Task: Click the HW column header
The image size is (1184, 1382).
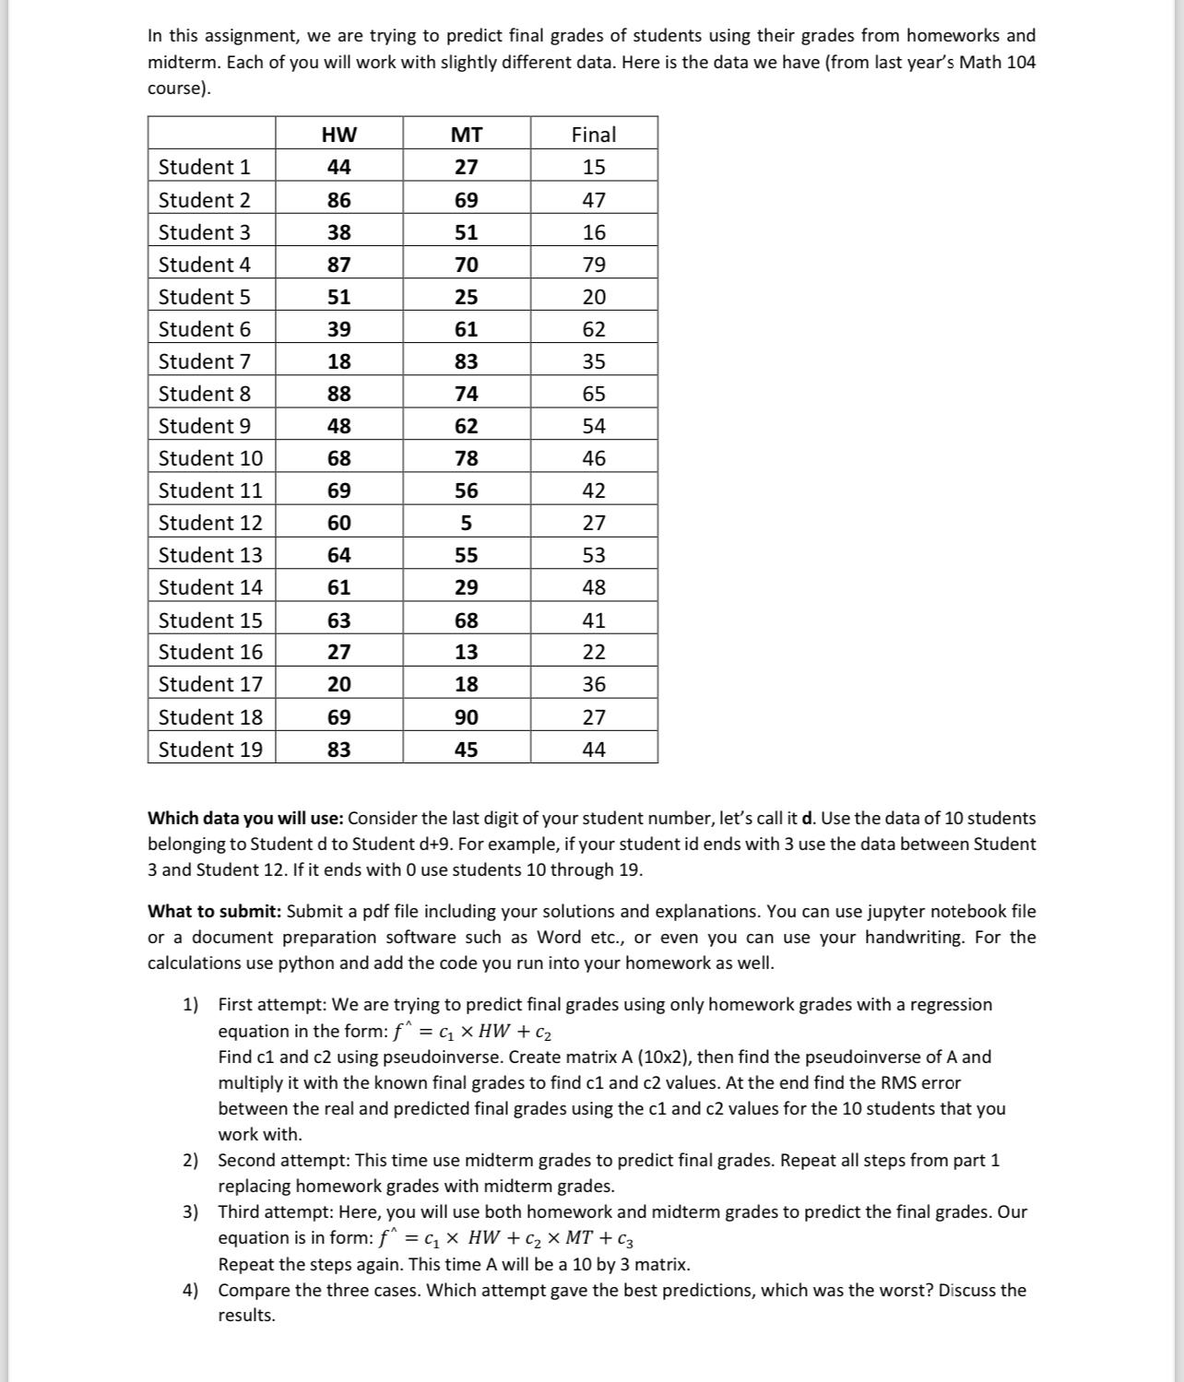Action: pos(338,135)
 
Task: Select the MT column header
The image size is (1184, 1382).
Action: pos(466,135)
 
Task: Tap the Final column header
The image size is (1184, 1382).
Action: pos(594,135)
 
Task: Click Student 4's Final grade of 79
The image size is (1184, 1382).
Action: pos(594,265)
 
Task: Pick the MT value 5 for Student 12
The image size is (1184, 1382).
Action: pos(466,523)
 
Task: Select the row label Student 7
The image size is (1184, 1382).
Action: pos(204,361)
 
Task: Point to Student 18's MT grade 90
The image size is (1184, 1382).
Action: pos(466,717)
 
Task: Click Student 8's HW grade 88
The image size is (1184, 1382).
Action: pos(338,394)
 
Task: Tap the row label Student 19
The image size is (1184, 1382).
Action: pos(210,750)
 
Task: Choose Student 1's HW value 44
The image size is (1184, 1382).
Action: pos(338,167)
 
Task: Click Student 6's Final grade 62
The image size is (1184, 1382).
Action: pos(594,329)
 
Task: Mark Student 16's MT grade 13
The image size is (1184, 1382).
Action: pos(466,652)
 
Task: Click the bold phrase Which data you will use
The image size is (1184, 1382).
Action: pos(245,819)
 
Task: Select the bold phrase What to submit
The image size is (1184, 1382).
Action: pos(214,912)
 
